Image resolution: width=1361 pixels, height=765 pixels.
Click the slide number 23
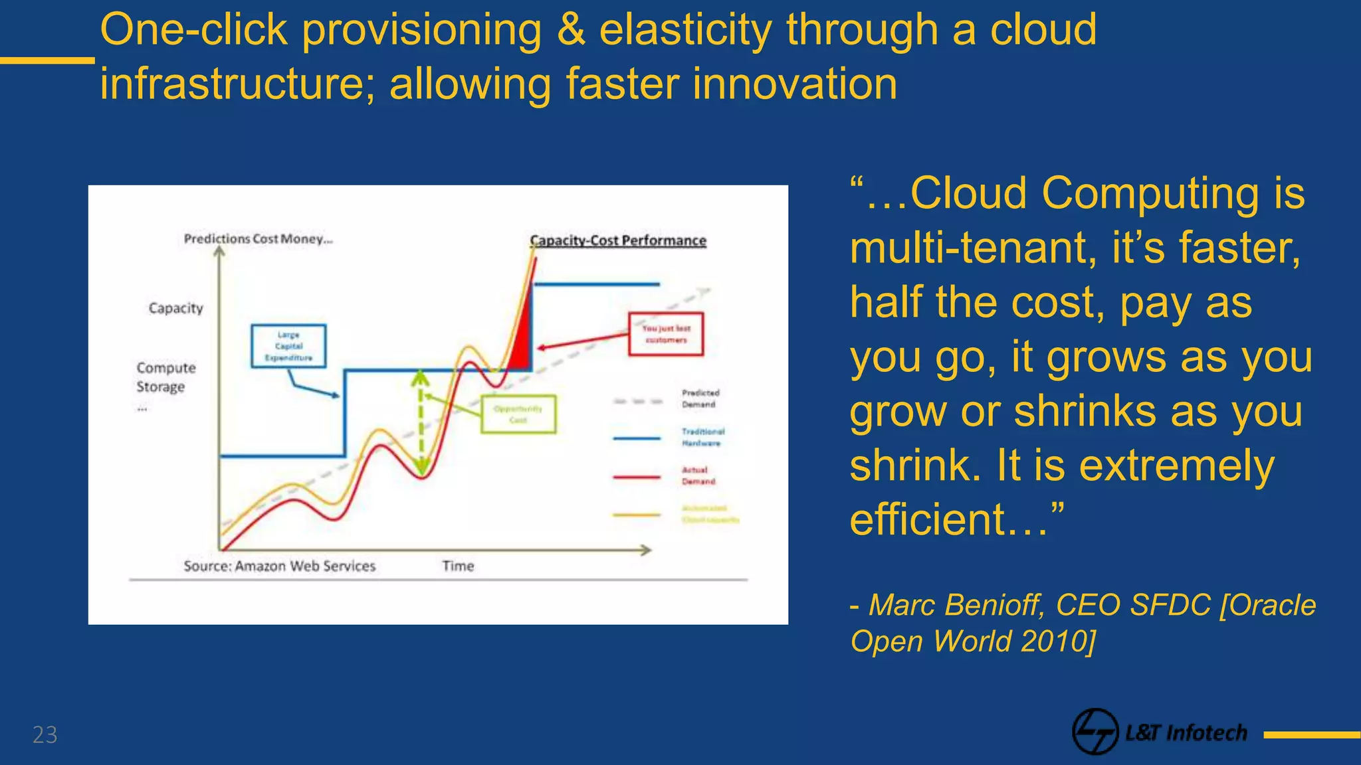coord(45,734)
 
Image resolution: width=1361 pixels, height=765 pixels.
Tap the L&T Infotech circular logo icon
coord(1095,732)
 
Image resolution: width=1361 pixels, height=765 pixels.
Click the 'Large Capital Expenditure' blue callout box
coord(288,346)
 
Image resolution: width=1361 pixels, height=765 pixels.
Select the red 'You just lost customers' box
coord(666,334)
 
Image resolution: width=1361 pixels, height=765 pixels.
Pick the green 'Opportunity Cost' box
coord(518,414)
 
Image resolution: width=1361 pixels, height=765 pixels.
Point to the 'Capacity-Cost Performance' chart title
coord(617,240)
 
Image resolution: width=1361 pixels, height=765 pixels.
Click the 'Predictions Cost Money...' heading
coord(258,238)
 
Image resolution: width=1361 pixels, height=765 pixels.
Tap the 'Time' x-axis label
coord(458,566)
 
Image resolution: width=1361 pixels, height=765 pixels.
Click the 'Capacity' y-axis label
coord(175,308)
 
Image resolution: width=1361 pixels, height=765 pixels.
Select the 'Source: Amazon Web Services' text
coord(279,566)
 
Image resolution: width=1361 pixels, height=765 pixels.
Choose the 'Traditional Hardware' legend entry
coord(702,437)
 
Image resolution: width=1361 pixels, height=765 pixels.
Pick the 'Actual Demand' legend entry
coord(698,475)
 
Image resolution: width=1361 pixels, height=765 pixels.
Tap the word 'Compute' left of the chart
coord(166,368)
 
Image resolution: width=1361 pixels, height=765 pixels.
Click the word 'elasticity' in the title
coord(685,30)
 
